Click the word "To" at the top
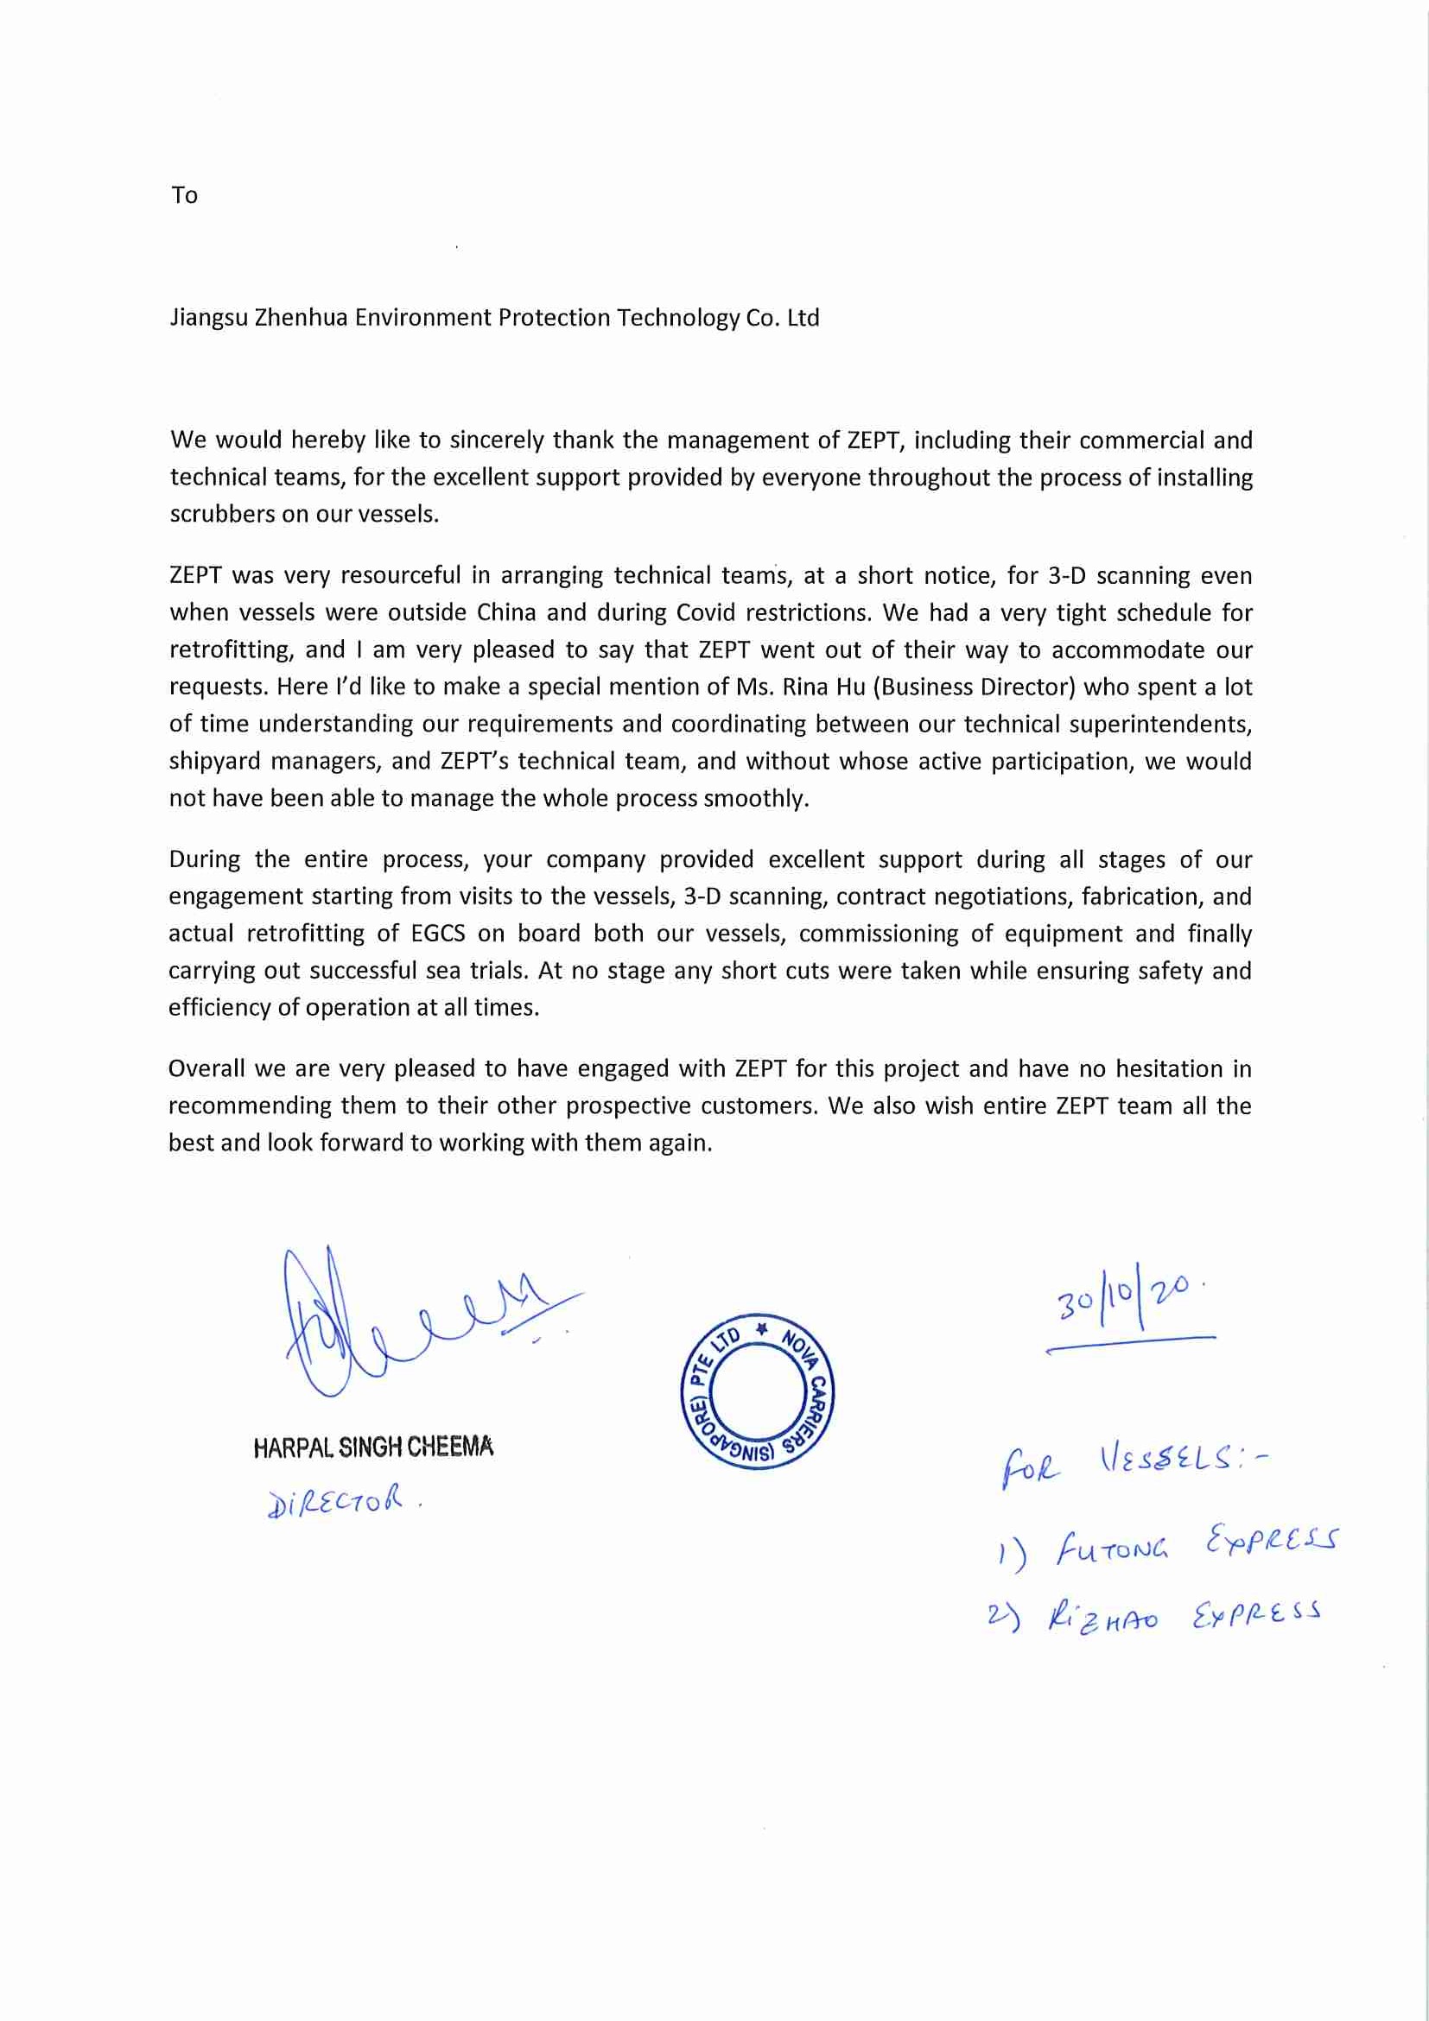[x=184, y=194]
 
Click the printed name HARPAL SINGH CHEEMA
[x=372, y=1448]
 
